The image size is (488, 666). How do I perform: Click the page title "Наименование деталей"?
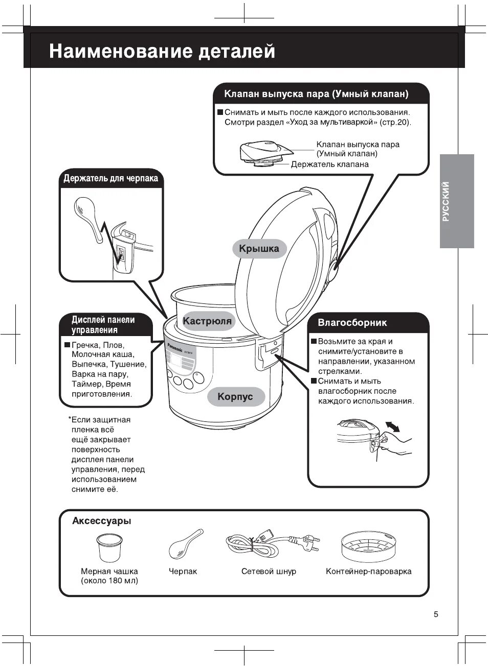tap(162, 52)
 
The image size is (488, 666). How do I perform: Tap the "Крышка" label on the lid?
tap(259, 249)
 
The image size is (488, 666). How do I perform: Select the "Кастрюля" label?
tap(207, 321)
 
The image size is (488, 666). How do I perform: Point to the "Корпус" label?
tap(235, 396)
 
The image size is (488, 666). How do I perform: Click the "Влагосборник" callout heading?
tap(352, 322)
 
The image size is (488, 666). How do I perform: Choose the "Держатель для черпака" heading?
tap(110, 178)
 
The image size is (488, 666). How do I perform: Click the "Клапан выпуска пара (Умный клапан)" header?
tap(316, 94)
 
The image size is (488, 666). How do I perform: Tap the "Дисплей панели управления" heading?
tap(103, 325)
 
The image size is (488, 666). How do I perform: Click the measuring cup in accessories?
tap(110, 547)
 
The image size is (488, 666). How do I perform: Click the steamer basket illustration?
tap(369, 546)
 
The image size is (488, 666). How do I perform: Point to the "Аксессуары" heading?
tap(102, 521)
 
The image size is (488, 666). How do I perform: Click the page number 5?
tap(436, 614)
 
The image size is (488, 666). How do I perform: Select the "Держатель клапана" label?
tap(329, 164)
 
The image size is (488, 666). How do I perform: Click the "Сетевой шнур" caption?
tap(269, 571)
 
